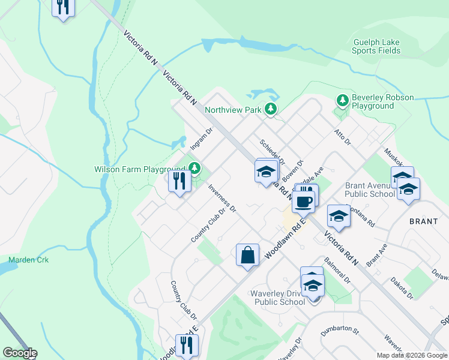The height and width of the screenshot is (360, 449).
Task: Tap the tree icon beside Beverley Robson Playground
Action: (x=342, y=100)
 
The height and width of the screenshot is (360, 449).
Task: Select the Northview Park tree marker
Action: (x=271, y=109)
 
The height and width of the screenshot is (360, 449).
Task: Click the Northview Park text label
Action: (x=233, y=110)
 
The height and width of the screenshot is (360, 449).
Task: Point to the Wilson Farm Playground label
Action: (x=139, y=169)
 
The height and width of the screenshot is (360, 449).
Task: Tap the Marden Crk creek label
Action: (x=28, y=260)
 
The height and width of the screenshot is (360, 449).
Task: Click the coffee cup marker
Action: (x=304, y=200)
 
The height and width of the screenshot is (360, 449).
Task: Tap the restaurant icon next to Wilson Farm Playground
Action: (x=179, y=181)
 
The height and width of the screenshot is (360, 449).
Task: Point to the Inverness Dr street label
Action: (x=222, y=198)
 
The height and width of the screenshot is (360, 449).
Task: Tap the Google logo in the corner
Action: (x=19, y=353)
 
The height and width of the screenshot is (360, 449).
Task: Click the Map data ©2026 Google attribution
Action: (x=412, y=355)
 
